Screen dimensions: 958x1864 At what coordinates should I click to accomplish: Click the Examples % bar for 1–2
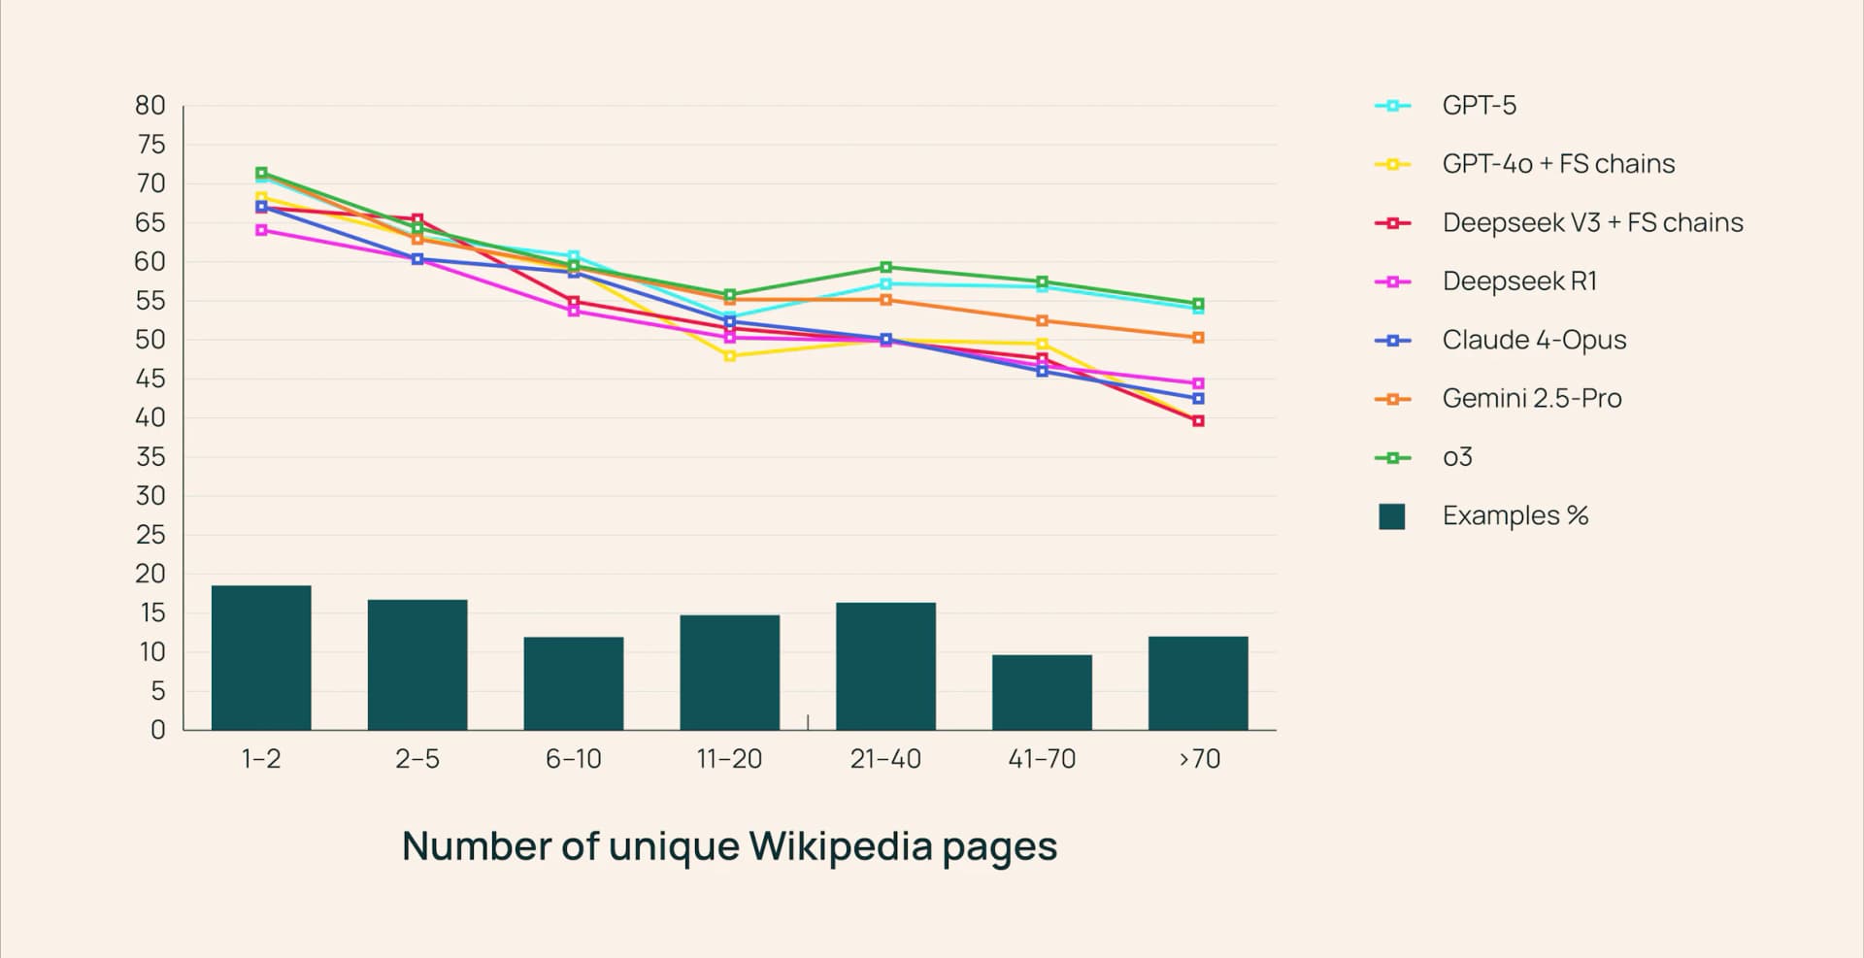(261, 657)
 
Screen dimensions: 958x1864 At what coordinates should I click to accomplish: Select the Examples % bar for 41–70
(1042, 692)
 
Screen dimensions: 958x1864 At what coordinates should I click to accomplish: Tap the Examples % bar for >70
(1198, 682)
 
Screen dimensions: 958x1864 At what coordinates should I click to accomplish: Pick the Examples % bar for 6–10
(574, 683)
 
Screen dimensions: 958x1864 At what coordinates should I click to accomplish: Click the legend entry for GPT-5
(1479, 105)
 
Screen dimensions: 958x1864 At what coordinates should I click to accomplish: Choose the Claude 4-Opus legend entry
(1534, 340)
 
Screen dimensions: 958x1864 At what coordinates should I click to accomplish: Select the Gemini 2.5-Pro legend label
(1532, 398)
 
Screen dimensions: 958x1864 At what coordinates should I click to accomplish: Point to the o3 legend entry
(1457, 457)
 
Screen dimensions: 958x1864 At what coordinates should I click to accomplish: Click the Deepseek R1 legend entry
(1519, 281)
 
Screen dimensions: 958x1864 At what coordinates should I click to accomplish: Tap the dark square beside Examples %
(1392, 516)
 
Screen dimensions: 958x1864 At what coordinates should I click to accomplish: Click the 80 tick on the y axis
(150, 106)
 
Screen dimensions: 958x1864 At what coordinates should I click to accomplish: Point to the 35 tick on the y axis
(150, 457)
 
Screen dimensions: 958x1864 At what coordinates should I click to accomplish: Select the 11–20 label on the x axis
(729, 759)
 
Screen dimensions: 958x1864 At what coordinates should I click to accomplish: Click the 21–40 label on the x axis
(885, 759)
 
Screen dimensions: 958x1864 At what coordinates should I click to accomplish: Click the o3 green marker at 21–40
(885, 267)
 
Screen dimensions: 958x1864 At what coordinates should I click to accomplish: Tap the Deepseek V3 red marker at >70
(1198, 421)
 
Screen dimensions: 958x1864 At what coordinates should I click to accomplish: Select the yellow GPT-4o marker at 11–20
(730, 356)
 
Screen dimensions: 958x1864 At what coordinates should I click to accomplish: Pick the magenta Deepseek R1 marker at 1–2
(261, 230)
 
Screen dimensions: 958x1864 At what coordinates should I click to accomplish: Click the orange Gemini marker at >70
(1198, 338)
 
